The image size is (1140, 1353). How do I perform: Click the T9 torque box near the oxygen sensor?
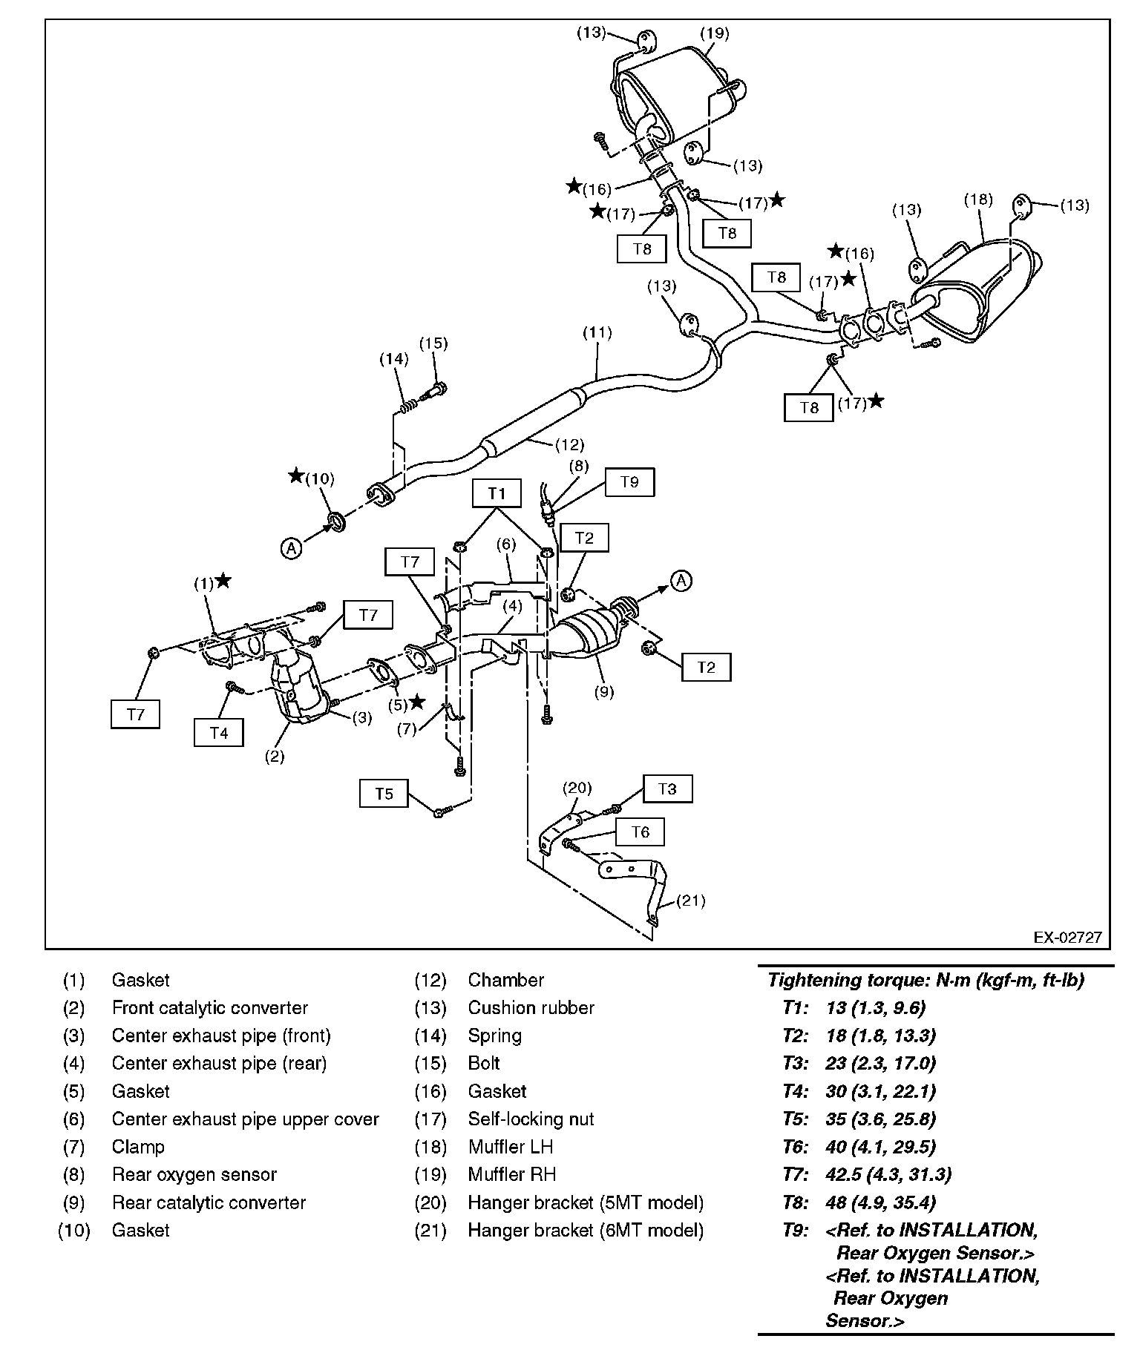[629, 482]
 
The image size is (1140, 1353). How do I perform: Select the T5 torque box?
[383, 794]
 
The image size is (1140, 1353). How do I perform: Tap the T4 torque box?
[218, 733]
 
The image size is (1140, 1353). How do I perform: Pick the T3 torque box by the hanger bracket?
[667, 789]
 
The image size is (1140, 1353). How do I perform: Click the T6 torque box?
[640, 832]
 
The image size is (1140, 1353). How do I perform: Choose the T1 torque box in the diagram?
[497, 493]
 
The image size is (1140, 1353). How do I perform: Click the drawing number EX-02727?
[1068, 938]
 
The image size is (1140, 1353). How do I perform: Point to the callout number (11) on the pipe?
[597, 333]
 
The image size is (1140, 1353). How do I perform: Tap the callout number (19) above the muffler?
[715, 33]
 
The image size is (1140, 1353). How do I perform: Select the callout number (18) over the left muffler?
[978, 199]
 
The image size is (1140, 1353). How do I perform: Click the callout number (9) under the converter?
[604, 691]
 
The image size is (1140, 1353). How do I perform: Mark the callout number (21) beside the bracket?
[690, 901]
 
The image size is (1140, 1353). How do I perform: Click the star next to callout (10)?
[296, 475]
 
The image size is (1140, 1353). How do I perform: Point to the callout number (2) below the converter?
[275, 757]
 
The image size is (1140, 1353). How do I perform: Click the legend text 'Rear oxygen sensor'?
[194, 1174]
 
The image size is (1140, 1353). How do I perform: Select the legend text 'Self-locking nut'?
[531, 1119]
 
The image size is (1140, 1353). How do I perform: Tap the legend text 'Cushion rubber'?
[531, 1007]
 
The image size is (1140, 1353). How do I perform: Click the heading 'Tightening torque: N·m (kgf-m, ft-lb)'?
[926, 980]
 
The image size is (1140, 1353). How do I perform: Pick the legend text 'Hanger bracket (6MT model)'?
[585, 1230]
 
